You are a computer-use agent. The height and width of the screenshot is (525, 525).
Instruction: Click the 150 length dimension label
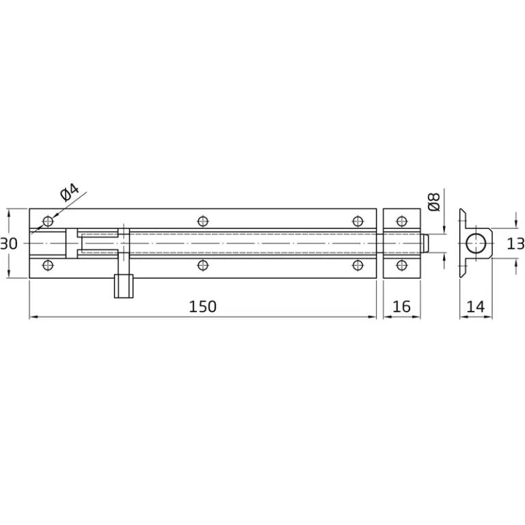(202, 306)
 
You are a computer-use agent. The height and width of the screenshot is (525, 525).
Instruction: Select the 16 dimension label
(401, 306)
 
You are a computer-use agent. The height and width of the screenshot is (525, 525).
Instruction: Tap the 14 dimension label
(476, 306)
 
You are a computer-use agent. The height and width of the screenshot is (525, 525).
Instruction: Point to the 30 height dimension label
(9, 244)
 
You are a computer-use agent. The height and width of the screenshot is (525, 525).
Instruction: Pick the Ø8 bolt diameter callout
(434, 202)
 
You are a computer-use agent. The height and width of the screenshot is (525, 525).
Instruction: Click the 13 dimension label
(515, 243)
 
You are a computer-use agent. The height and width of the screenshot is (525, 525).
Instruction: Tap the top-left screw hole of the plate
(48, 221)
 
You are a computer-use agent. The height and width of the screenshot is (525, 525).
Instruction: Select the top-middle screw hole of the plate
(203, 221)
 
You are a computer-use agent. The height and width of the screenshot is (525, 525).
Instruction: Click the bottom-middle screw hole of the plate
(203, 265)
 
